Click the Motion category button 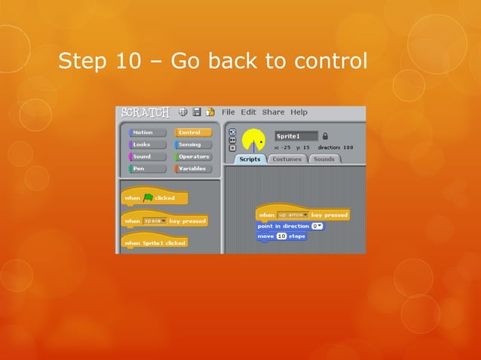tap(147, 133)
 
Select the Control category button tap(193, 133)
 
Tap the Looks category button tap(147, 145)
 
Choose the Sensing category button tap(193, 145)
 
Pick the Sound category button tap(147, 157)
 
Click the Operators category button tap(193, 157)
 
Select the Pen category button tap(147, 169)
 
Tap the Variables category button tap(193, 169)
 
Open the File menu tap(228, 112)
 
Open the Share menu tap(273, 112)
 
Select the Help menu tap(299, 112)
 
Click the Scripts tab tap(250, 159)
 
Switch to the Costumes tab tap(286, 159)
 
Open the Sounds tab tap(323, 159)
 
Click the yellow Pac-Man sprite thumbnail tap(254, 141)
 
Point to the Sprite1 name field tap(296, 136)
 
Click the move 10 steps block tap(281, 236)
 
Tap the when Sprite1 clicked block tap(155, 243)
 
